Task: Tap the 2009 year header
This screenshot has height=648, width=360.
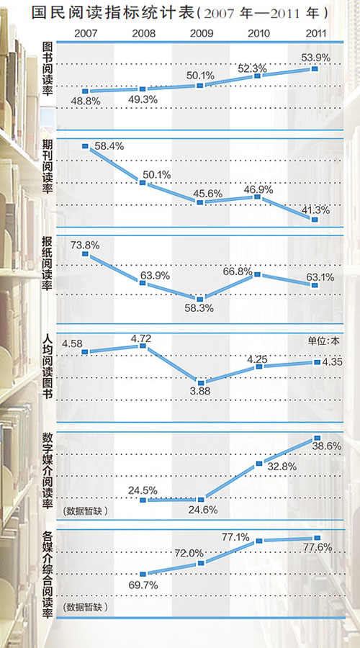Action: coord(201,33)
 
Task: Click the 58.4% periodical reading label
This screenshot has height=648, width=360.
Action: coord(109,146)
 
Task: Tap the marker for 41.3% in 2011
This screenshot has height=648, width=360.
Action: coord(315,220)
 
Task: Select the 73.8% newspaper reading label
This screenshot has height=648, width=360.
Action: coord(85,244)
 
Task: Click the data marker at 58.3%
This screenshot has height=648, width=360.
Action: coord(201,299)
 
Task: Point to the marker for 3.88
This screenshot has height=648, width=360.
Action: coord(201,382)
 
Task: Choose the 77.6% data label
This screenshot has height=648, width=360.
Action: coord(317,548)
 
